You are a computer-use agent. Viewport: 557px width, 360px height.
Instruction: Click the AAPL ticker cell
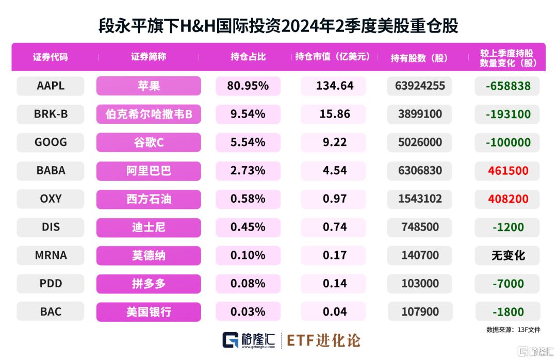click(51, 86)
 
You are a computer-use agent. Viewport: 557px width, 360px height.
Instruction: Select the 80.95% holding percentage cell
click(248, 86)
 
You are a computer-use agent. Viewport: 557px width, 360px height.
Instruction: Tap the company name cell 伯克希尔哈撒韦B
click(149, 114)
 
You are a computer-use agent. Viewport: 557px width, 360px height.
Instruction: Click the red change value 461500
click(508, 171)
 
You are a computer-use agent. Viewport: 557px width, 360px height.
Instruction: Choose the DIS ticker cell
click(51, 227)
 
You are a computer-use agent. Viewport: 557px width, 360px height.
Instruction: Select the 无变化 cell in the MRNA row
click(508, 255)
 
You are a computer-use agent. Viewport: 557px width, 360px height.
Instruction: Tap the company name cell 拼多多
click(149, 284)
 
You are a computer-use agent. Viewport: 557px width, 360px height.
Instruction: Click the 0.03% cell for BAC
click(248, 312)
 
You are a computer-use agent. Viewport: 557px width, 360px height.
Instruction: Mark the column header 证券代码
click(51, 57)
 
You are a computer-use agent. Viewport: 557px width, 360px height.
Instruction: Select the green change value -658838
click(508, 86)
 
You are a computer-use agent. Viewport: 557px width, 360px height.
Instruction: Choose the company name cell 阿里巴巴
click(149, 171)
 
